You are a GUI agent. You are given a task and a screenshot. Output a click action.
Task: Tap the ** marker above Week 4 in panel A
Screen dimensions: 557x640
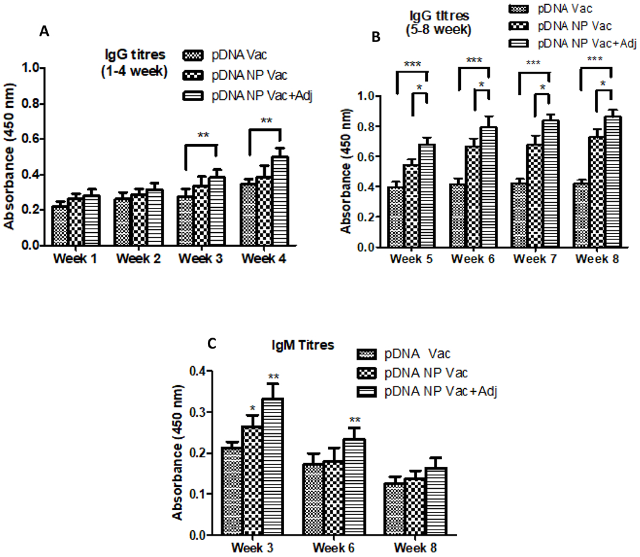(267, 121)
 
